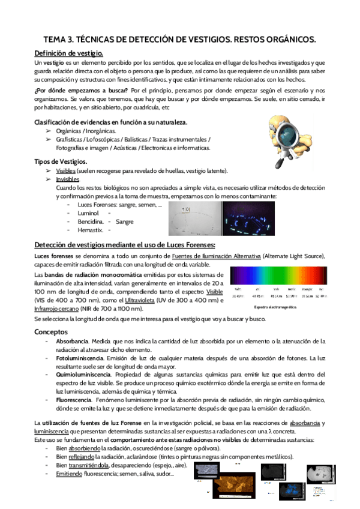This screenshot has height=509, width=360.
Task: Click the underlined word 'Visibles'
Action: pos(66,171)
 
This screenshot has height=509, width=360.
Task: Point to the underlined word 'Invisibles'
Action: pos(67,179)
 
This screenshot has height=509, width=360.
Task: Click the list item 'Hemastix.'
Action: pos(90,230)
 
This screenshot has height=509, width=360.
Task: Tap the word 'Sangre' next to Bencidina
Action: pos(125,221)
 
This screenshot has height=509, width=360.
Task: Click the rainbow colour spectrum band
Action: pos(279,280)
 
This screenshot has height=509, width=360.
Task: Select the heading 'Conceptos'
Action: pos(51,331)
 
